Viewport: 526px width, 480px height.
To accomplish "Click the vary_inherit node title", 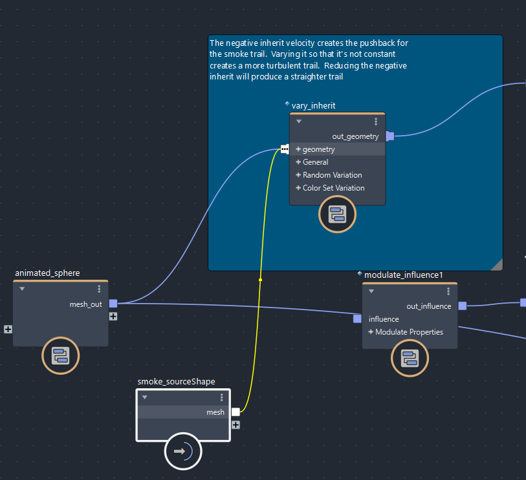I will [313, 105].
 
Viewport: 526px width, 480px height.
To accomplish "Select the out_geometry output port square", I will [390, 136].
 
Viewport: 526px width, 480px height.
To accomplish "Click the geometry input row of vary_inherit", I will [319, 149].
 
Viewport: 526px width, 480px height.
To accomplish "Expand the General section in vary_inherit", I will [299, 162].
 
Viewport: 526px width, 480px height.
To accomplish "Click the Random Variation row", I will [332, 175].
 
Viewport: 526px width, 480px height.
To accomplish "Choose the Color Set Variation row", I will [333, 188].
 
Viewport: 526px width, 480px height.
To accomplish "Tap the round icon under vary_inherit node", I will [337, 214].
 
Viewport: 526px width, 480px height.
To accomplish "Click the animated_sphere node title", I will [47, 273].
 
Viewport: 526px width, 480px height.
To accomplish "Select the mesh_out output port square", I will [113, 304].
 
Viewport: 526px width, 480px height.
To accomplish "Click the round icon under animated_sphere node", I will [60, 356].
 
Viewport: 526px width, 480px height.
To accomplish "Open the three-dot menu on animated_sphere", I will [99, 289].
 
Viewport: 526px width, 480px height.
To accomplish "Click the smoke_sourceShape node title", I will [176, 381].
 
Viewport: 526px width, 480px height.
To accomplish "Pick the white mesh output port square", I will [236, 412].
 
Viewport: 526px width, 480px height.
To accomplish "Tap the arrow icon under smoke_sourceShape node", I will [183, 451].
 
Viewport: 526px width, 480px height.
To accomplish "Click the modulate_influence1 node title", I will [403, 275].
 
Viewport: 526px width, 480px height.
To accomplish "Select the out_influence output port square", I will [462, 306].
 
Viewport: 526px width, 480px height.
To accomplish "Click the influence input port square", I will [357, 318].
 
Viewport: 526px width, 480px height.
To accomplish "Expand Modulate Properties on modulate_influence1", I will [371, 332].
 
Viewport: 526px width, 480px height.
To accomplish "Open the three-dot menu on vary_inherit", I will [376, 121].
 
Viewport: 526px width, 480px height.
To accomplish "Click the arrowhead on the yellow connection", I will [261, 279].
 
